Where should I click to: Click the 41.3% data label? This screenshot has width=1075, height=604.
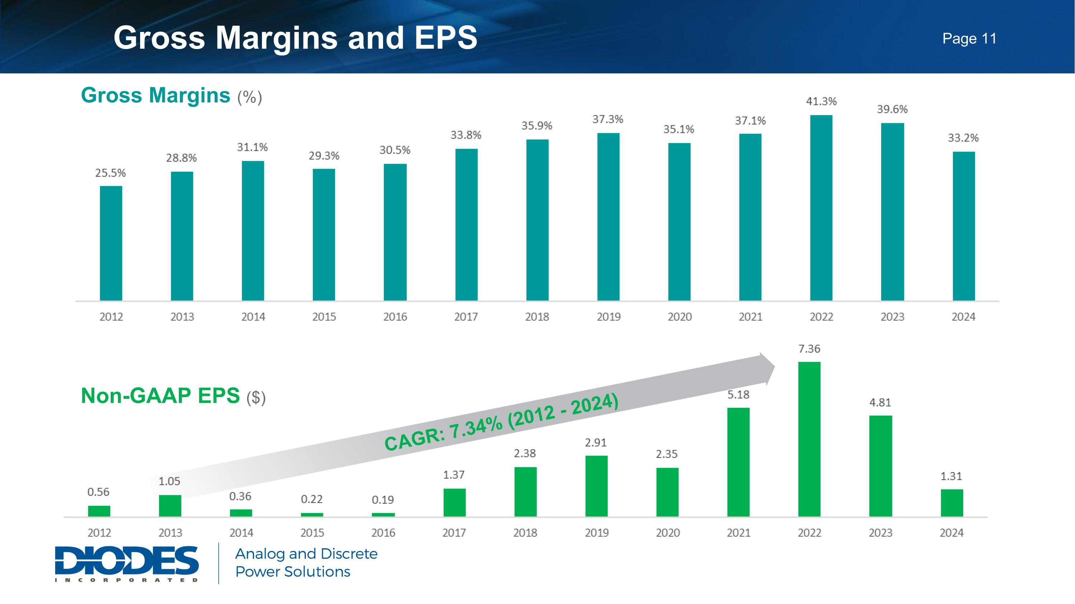click(821, 101)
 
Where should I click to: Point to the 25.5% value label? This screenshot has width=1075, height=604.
click(111, 173)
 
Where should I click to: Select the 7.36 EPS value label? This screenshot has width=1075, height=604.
click(809, 349)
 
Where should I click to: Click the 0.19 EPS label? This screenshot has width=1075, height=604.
click(383, 499)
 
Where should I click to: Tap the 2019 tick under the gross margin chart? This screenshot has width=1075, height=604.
click(608, 317)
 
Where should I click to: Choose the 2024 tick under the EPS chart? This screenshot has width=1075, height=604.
click(951, 533)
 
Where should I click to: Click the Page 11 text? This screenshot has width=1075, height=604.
click(969, 39)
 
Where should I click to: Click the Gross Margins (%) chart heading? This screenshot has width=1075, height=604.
click(171, 96)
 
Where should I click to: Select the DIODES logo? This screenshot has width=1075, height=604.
click(126, 563)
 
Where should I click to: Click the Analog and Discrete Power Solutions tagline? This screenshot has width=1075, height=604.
click(306, 563)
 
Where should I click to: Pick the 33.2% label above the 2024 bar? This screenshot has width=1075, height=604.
click(963, 138)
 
